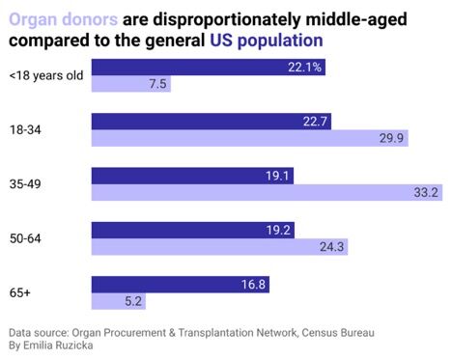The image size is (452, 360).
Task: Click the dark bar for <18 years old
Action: pyautogui.click(x=208, y=67)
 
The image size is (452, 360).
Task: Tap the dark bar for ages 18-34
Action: pyautogui.click(x=211, y=121)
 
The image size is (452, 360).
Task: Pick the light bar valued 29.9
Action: pyautogui.click(x=248, y=138)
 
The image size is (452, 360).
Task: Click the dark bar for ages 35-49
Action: pyautogui.click(x=192, y=175)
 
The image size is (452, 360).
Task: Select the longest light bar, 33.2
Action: pyautogui.click(x=267, y=192)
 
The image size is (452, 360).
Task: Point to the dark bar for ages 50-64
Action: pyautogui.click(x=193, y=230)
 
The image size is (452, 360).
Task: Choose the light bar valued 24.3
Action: pyautogui.click(x=219, y=247)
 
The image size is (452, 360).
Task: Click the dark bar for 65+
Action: pyautogui.click(x=181, y=284)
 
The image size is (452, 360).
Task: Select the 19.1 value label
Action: pyautogui.click(x=277, y=175)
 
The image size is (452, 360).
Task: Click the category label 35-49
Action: pyautogui.click(x=24, y=183)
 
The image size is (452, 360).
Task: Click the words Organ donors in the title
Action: pyautogui.click(x=64, y=18)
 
